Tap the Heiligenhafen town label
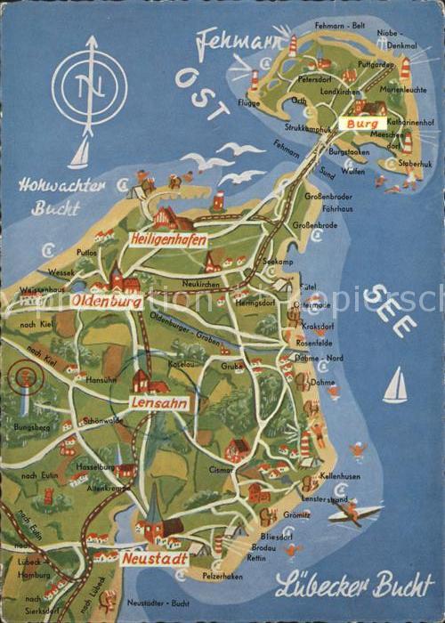pos(167,239)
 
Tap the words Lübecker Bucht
pos(353,586)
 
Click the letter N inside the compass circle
pos(89,87)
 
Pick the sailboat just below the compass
pos(79,154)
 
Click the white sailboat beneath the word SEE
pos(394,385)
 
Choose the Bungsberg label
pos(32,428)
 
